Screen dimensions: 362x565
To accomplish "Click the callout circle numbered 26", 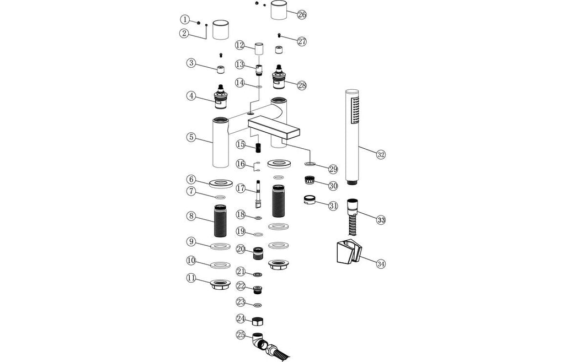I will [302, 15].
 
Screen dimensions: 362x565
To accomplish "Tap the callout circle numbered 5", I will [191, 137].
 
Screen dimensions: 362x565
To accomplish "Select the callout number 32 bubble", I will [380, 155].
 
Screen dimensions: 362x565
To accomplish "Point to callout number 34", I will [381, 263].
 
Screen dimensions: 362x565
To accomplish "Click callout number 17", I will [240, 188].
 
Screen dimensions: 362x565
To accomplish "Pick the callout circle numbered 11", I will [191, 279].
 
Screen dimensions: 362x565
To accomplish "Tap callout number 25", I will [240, 334].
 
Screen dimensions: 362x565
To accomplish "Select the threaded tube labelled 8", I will [220, 221].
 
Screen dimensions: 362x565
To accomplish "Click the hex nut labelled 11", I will [220, 284].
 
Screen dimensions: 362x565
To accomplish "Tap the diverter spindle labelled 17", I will [258, 194].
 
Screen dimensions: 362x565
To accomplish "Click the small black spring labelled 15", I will [258, 147].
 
